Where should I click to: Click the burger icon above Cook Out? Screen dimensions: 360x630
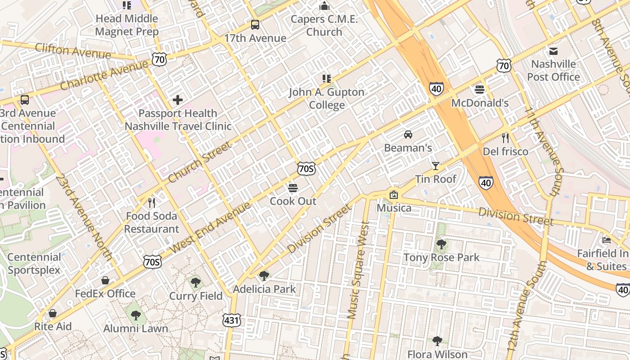click(293, 188)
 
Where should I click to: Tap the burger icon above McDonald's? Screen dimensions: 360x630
click(480, 89)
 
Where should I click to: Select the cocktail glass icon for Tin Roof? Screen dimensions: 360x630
click(435, 166)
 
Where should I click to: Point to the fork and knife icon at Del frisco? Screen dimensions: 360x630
click(505, 138)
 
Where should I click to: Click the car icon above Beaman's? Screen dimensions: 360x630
click(408, 134)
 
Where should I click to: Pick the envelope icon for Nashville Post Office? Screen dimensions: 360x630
click(553, 51)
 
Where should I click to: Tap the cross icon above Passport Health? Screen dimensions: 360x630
click(178, 99)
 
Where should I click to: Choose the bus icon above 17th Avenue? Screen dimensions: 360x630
click(255, 25)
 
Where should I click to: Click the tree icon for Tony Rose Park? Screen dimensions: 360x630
click(441, 244)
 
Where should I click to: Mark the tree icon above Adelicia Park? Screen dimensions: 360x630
click(264, 275)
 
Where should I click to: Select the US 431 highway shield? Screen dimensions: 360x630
click(232, 320)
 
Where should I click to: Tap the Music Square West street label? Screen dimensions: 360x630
click(359, 270)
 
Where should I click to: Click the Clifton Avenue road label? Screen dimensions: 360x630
click(73, 51)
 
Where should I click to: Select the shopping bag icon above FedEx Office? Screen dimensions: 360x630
click(105, 280)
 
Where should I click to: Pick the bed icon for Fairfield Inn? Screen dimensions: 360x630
click(607, 240)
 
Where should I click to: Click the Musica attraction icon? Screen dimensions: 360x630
click(394, 194)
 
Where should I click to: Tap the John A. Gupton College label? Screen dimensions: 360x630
click(327, 99)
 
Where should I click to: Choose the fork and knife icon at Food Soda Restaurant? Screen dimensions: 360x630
click(152, 203)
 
